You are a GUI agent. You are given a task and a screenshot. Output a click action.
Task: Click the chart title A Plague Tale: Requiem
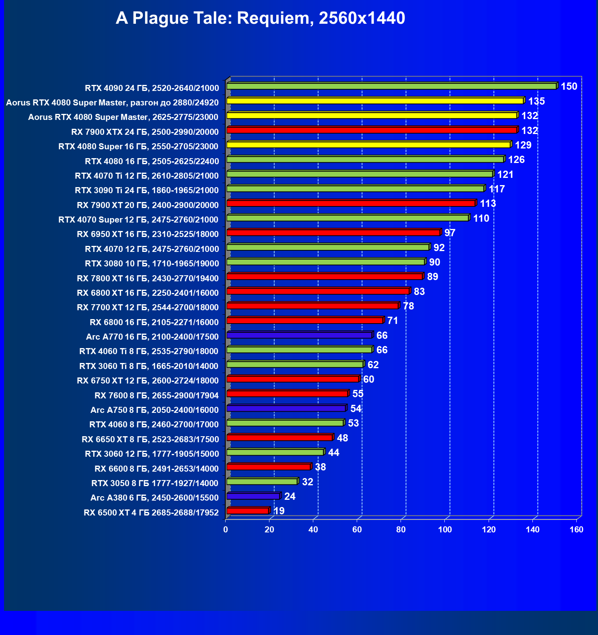click(x=260, y=18)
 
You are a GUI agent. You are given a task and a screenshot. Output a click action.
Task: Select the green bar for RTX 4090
click(x=391, y=86)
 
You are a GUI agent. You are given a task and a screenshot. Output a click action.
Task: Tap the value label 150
click(x=569, y=87)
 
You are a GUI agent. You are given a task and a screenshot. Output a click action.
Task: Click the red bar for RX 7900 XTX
click(x=372, y=130)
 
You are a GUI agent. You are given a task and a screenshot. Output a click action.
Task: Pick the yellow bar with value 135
click(x=375, y=101)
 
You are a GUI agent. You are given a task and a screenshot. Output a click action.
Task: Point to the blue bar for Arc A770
click(x=299, y=335)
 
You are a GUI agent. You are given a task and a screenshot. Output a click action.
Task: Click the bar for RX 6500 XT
click(x=248, y=511)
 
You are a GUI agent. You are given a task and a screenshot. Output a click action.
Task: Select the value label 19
click(x=279, y=511)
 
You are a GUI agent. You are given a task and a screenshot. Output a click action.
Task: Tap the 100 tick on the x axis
click(x=445, y=530)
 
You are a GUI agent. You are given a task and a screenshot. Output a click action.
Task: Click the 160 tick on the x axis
click(x=576, y=530)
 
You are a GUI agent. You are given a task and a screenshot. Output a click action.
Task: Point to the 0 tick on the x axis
click(x=226, y=530)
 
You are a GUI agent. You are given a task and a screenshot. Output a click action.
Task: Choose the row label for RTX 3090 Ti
click(x=147, y=190)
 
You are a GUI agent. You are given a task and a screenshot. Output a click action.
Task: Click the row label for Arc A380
click(x=154, y=498)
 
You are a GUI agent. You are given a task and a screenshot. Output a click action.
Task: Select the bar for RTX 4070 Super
click(x=347, y=218)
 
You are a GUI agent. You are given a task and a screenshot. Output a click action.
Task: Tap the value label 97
click(x=450, y=233)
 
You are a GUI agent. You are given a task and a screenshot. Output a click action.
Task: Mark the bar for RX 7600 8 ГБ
click(x=287, y=394)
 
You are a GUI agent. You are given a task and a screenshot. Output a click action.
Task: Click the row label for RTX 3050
click(x=155, y=483)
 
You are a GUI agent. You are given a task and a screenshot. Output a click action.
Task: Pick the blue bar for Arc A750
click(x=286, y=408)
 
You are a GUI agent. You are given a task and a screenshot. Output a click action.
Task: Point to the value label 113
click(x=488, y=204)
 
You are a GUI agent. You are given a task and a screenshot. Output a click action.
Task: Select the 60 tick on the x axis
click(x=357, y=530)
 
